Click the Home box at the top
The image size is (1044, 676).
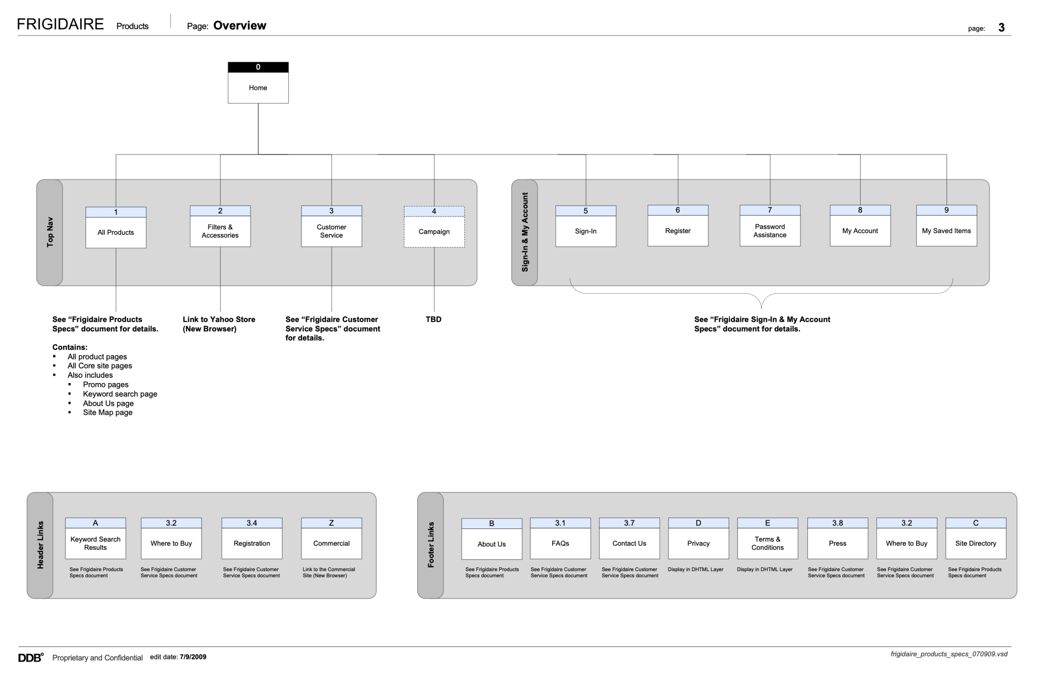[x=258, y=87]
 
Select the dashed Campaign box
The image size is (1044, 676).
[x=434, y=231]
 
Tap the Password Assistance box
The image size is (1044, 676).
[x=770, y=231]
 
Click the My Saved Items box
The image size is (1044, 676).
[x=946, y=231]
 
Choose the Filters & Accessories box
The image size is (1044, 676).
[x=220, y=231]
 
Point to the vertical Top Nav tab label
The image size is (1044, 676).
[x=50, y=232]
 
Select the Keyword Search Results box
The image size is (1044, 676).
[x=96, y=543]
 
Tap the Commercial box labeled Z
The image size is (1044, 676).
[x=331, y=543]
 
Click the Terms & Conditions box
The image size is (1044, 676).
[x=767, y=543]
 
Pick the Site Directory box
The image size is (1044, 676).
[x=976, y=543]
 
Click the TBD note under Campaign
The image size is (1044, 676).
[x=433, y=319]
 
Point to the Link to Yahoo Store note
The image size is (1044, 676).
[x=219, y=324]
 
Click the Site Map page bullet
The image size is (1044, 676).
[x=107, y=412]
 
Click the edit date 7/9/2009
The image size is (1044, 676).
[x=193, y=657]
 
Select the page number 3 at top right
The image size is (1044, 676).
[x=1001, y=28]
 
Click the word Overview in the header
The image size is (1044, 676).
[x=240, y=25]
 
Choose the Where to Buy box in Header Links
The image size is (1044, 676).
[x=171, y=543]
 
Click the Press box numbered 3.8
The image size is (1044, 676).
[x=837, y=543]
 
